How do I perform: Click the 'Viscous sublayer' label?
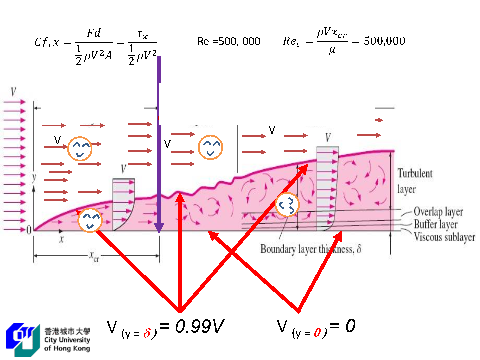pyautogui.click(x=444, y=237)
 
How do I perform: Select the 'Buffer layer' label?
pyautogui.click(x=435, y=224)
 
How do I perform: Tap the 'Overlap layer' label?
pyautogui.click(x=438, y=212)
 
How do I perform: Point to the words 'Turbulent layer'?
pyautogui.click(x=414, y=181)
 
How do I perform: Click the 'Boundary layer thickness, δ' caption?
pyautogui.click(x=311, y=249)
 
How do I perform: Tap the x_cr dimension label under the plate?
pyautogui.click(x=94, y=256)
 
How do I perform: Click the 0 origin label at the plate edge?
pyautogui.click(x=29, y=230)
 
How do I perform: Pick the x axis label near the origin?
pyautogui.click(x=61, y=239)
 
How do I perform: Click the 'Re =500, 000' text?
pyautogui.click(x=229, y=41)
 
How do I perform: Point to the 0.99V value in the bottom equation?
pyautogui.click(x=199, y=326)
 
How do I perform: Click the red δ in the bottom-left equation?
pyautogui.click(x=147, y=333)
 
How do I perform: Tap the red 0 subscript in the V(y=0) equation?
pyautogui.click(x=317, y=333)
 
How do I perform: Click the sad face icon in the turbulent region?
pyautogui.click(x=287, y=205)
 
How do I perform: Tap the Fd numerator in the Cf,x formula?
pyautogui.click(x=94, y=33)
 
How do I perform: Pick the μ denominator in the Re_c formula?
pyautogui.click(x=332, y=51)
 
